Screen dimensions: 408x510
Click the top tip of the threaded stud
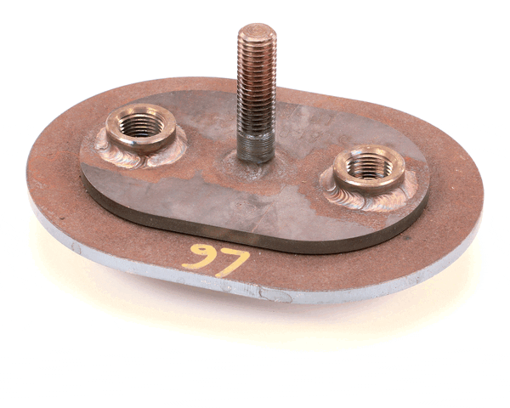coord(257,31)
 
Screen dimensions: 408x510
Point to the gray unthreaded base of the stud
coord(256,146)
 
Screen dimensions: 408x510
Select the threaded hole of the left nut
coord(140,125)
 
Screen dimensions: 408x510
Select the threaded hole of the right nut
coord(367,168)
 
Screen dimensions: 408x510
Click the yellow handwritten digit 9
coord(201,255)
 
